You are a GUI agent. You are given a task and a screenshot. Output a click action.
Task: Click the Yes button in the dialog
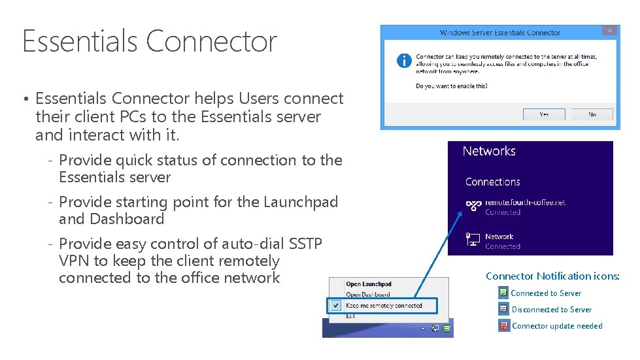544,114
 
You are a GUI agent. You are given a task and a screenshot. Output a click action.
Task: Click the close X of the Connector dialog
610,31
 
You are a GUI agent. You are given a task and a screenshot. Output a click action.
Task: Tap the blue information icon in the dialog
405,61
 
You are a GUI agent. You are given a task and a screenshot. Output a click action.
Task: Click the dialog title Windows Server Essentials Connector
500,33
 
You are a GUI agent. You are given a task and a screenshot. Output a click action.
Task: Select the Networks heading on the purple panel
489,151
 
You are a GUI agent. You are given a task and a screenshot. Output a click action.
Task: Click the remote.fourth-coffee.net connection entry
525,203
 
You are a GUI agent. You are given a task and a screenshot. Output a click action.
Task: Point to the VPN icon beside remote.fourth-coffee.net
473,206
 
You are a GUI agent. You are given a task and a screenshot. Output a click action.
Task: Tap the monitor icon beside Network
473,240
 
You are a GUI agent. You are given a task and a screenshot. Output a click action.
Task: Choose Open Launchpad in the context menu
369,284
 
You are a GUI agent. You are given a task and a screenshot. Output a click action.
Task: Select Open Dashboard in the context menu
368,295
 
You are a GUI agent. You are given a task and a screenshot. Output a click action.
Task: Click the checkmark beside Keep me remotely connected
335,305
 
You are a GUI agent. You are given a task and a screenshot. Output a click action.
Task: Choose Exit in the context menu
351,316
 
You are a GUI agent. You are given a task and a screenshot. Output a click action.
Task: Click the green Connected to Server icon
503,293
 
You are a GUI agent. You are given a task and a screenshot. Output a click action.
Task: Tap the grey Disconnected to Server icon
503,309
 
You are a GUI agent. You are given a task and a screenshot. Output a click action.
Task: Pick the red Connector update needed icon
503,325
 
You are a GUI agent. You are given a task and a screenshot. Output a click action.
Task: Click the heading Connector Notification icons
552,276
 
